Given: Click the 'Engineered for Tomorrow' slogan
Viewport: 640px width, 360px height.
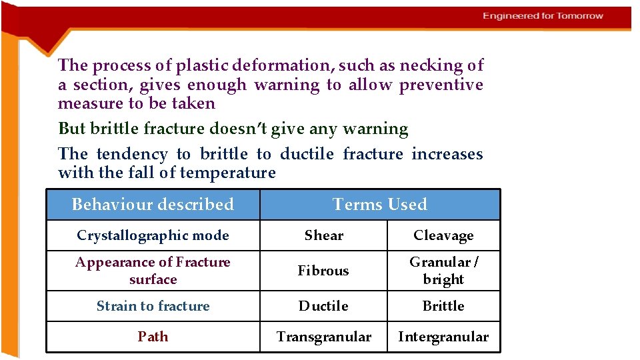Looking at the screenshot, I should click(x=543, y=16).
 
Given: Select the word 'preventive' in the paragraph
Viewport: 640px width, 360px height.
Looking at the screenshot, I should click(x=441, y=85).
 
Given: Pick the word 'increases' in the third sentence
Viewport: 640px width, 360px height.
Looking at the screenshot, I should click(x=447, y=154).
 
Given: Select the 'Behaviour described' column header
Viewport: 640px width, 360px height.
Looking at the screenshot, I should click(x=153, y=205).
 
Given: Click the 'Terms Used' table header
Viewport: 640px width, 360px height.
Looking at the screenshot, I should click(x=379, y=205).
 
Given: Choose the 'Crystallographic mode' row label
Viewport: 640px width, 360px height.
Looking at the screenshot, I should click(x=153, y=235).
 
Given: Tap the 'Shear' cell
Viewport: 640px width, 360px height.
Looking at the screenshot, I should click(x=323, y=235).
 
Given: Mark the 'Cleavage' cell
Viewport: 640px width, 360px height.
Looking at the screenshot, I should click(x=443, y=235).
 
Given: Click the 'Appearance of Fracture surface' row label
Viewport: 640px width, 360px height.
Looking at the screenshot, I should click(x=153, y=271).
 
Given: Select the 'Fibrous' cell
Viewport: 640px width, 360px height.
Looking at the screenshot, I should click(x=323, y=271).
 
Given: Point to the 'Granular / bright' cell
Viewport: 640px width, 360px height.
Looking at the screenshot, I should click(x=443, y=271).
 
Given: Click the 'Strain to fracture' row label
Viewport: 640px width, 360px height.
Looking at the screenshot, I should click(x=153, y=306).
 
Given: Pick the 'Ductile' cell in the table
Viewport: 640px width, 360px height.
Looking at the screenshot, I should click(x=323, y=306).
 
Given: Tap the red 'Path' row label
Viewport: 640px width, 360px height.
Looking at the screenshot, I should click(x=153, y=337).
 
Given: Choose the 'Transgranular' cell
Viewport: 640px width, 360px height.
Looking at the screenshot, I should click(x=323, y=337).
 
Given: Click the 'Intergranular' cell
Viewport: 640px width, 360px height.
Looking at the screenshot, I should click(x=443, y=337).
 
